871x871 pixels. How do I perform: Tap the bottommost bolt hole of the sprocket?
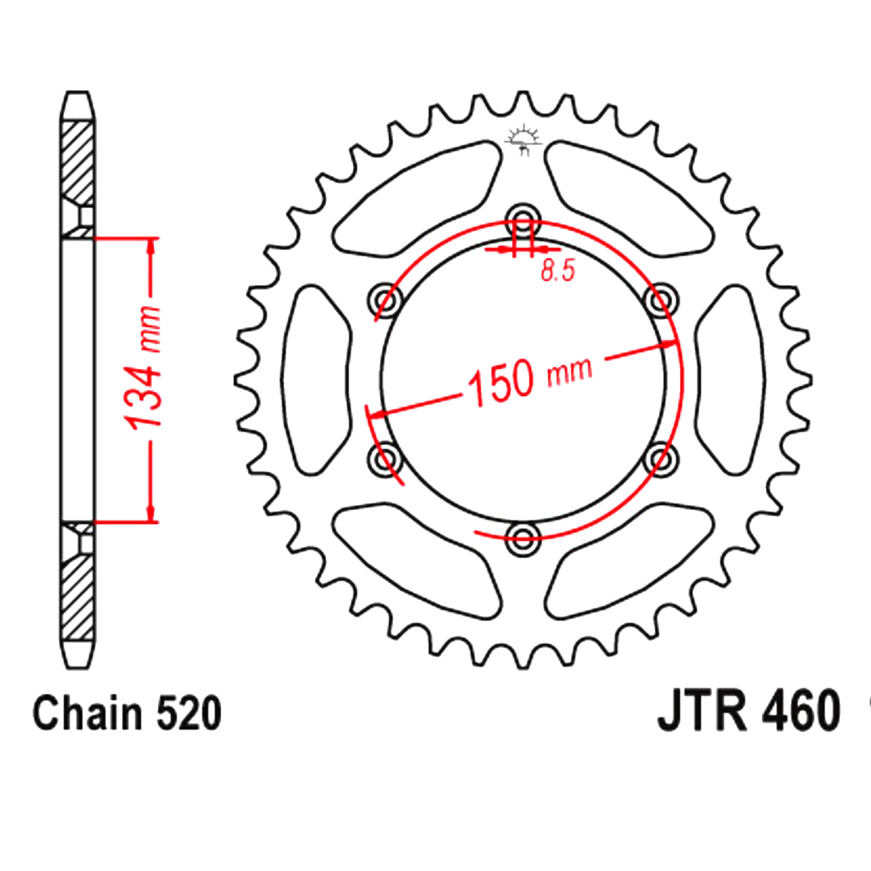tap(523, 535)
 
